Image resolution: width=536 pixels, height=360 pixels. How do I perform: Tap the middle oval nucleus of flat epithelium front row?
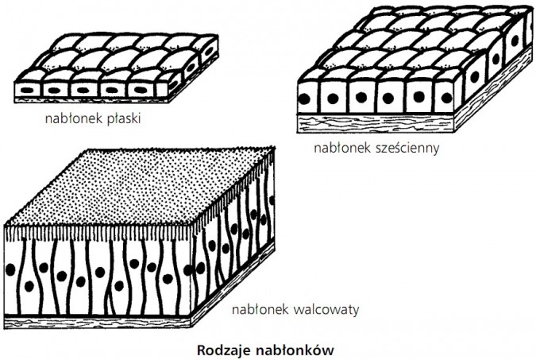85,88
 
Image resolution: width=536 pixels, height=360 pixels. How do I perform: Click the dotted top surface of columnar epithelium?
143,187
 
